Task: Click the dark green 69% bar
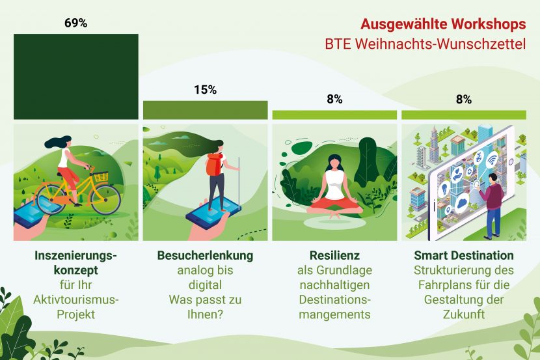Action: tap(76, 76)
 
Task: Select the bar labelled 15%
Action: tap(205, 110)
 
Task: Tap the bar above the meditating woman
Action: tap(334, 115)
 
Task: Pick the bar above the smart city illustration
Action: tap(464, 115)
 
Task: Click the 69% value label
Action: tap(75, 23)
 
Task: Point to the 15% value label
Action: tap(205, 90)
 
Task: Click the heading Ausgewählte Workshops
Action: tap(443, 24)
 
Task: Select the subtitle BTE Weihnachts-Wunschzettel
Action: tap(425, 44)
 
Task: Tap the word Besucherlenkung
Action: tap(205, 256)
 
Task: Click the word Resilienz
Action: tap(335, 256)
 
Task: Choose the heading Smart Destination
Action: tap(464, 256)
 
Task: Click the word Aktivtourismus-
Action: tap(75, 299)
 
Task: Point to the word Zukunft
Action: tap(464, 314)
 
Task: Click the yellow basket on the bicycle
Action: tap(101, 176)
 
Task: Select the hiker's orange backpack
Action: tap(213, 164)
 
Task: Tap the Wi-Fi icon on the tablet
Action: tap(492, 160)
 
